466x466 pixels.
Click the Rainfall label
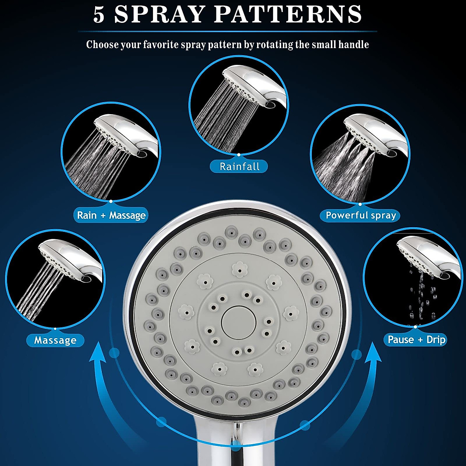[239, 167]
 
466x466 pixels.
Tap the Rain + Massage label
[111, 215]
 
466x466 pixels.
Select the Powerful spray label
[360, 215]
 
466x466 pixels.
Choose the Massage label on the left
[55, 340]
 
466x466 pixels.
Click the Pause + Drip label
[416, 340]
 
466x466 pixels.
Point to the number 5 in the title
[99, 14]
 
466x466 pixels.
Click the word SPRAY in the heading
[160, 14]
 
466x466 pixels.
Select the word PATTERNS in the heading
[288, 14]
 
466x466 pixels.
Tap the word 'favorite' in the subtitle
[165, 45]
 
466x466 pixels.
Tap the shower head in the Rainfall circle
[256, 83]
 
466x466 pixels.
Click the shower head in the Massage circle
[70, 258]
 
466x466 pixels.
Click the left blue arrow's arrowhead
[98, 353]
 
